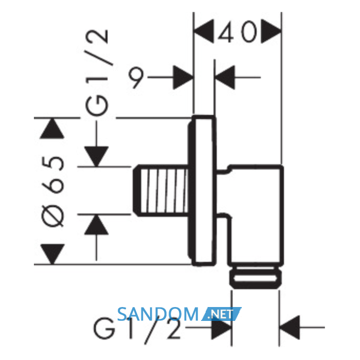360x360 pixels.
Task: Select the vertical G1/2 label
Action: point(97,73)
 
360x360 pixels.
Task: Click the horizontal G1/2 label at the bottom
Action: point(137,329)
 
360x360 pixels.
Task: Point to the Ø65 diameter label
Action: point(53,191)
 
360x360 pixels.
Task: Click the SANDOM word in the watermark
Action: point(158,314)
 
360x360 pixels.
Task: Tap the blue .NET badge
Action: point(221,314)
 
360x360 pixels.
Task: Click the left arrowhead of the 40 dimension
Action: point(204,31)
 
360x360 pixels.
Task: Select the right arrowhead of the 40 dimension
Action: point(271,31)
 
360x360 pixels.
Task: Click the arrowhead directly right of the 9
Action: point(183,77)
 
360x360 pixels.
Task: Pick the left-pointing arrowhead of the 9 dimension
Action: point(225,77)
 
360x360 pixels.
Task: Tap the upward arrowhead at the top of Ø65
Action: point(52,129)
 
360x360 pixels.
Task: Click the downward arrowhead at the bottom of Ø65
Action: point(52,254)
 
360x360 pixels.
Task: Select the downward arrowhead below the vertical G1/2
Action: point(97,156)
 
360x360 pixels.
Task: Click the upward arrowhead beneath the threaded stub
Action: point(97,225)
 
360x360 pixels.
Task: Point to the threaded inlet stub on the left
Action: point(160,190)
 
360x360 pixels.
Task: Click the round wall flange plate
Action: point(202,191)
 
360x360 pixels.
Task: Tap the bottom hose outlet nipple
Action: point(256,277)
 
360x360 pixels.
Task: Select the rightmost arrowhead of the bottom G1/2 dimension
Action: point(290,328)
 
